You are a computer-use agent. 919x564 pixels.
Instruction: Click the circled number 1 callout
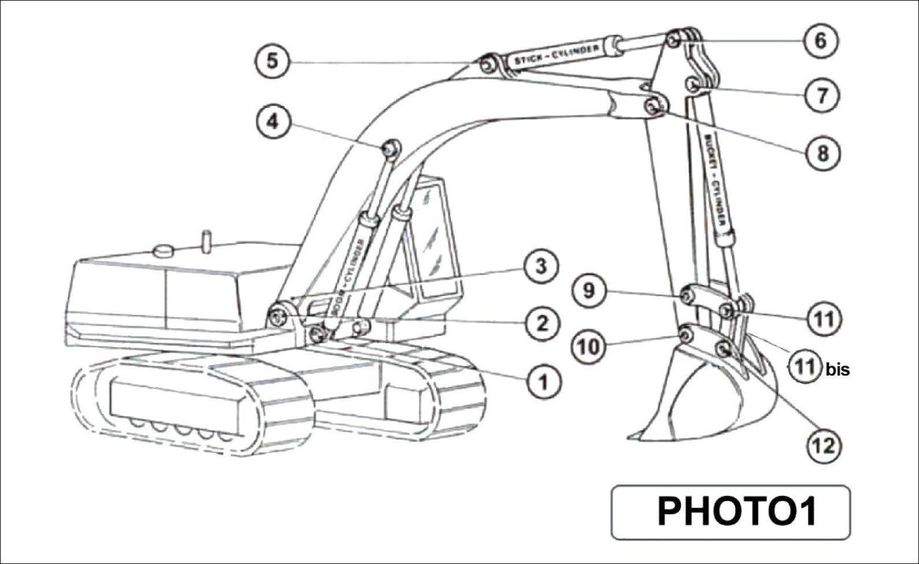pyautogui.click(x=542, y=379)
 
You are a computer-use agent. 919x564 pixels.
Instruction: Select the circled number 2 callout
pyautogui.click(x=542, y=323)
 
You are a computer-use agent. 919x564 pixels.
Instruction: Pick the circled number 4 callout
pyautogui.click(x=273, y=122)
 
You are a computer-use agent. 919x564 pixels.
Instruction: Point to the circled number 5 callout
pyautogui.click(x=272, y=61)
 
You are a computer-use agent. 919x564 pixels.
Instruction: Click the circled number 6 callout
pyautogui.click(x=820, y=41)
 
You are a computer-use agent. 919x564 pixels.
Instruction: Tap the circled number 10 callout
pyautogui.click(x=590, y=347)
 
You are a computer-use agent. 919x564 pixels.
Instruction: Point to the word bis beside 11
pyautogui.click(x=838, y=369)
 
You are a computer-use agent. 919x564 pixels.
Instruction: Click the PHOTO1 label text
pyautogui.click(x=729, y=511)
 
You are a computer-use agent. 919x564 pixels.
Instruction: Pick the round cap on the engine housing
pyautogui.click(x=164, y=250)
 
